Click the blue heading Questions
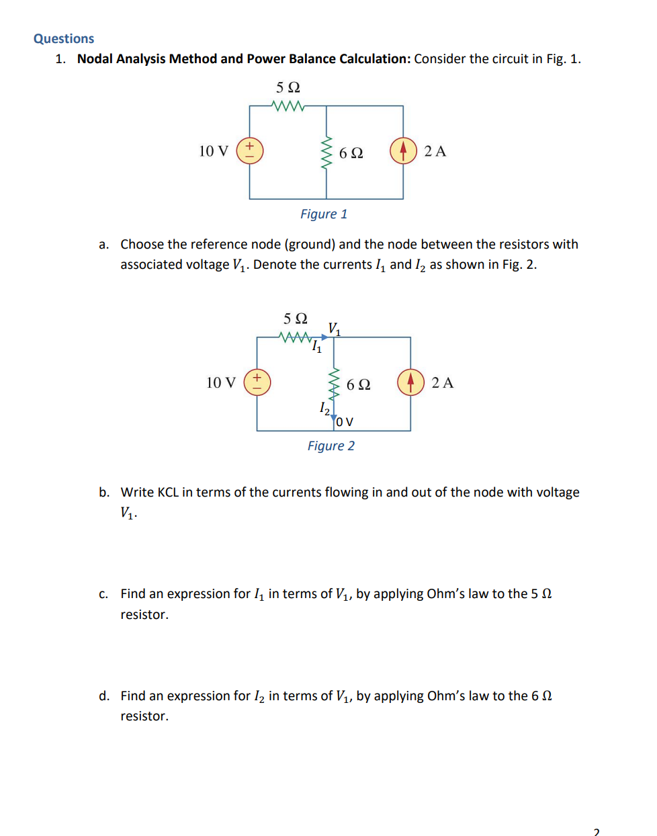coord(64,39)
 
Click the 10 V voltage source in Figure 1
coord(249,151)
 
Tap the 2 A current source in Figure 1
coord(403,151)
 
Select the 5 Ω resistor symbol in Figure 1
coord(288,106)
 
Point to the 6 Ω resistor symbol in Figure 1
coord(326,153)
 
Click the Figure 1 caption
coord(324,214)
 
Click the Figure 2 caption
coord(331,446)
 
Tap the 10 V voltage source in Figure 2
coord(257,382)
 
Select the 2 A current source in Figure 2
coord(410,382)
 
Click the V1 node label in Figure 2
coord(334,329)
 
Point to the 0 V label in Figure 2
coord(345,422)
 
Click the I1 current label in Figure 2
coord(316,347)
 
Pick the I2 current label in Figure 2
coord(324,408)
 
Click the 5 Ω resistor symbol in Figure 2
coord(296,337)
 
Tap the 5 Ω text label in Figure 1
coord(288,88)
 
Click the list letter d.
coord(103,696)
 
